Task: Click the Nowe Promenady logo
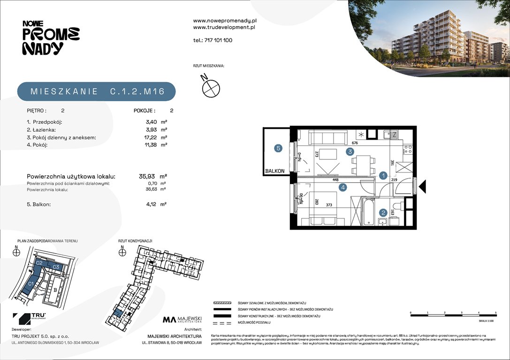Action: pyautogui.click(x=51, y=37)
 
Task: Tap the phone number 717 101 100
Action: pyautogui.click(x=213, y=40)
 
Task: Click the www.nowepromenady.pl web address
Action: pyautogui.click(x=225, y=21)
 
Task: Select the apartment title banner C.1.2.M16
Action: pyautogui.click(x=97, y=91)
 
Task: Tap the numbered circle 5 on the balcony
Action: pyautogui.click(x=278, y=149)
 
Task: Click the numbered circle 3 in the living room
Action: pyautogui.click(x=350, y=151)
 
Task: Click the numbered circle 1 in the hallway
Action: pyautogui.click(x=383, y=176)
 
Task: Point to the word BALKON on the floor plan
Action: pyautogui.click(x=274, y=171)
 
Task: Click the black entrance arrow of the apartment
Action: pyautogui.click(x=422, y=187)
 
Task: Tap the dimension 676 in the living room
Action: pyautogui.click(x=355, y=143)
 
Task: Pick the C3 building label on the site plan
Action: pyautogui.click(x=55, y=267)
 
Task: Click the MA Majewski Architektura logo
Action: pyautogui.click(x=182, y=320)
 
